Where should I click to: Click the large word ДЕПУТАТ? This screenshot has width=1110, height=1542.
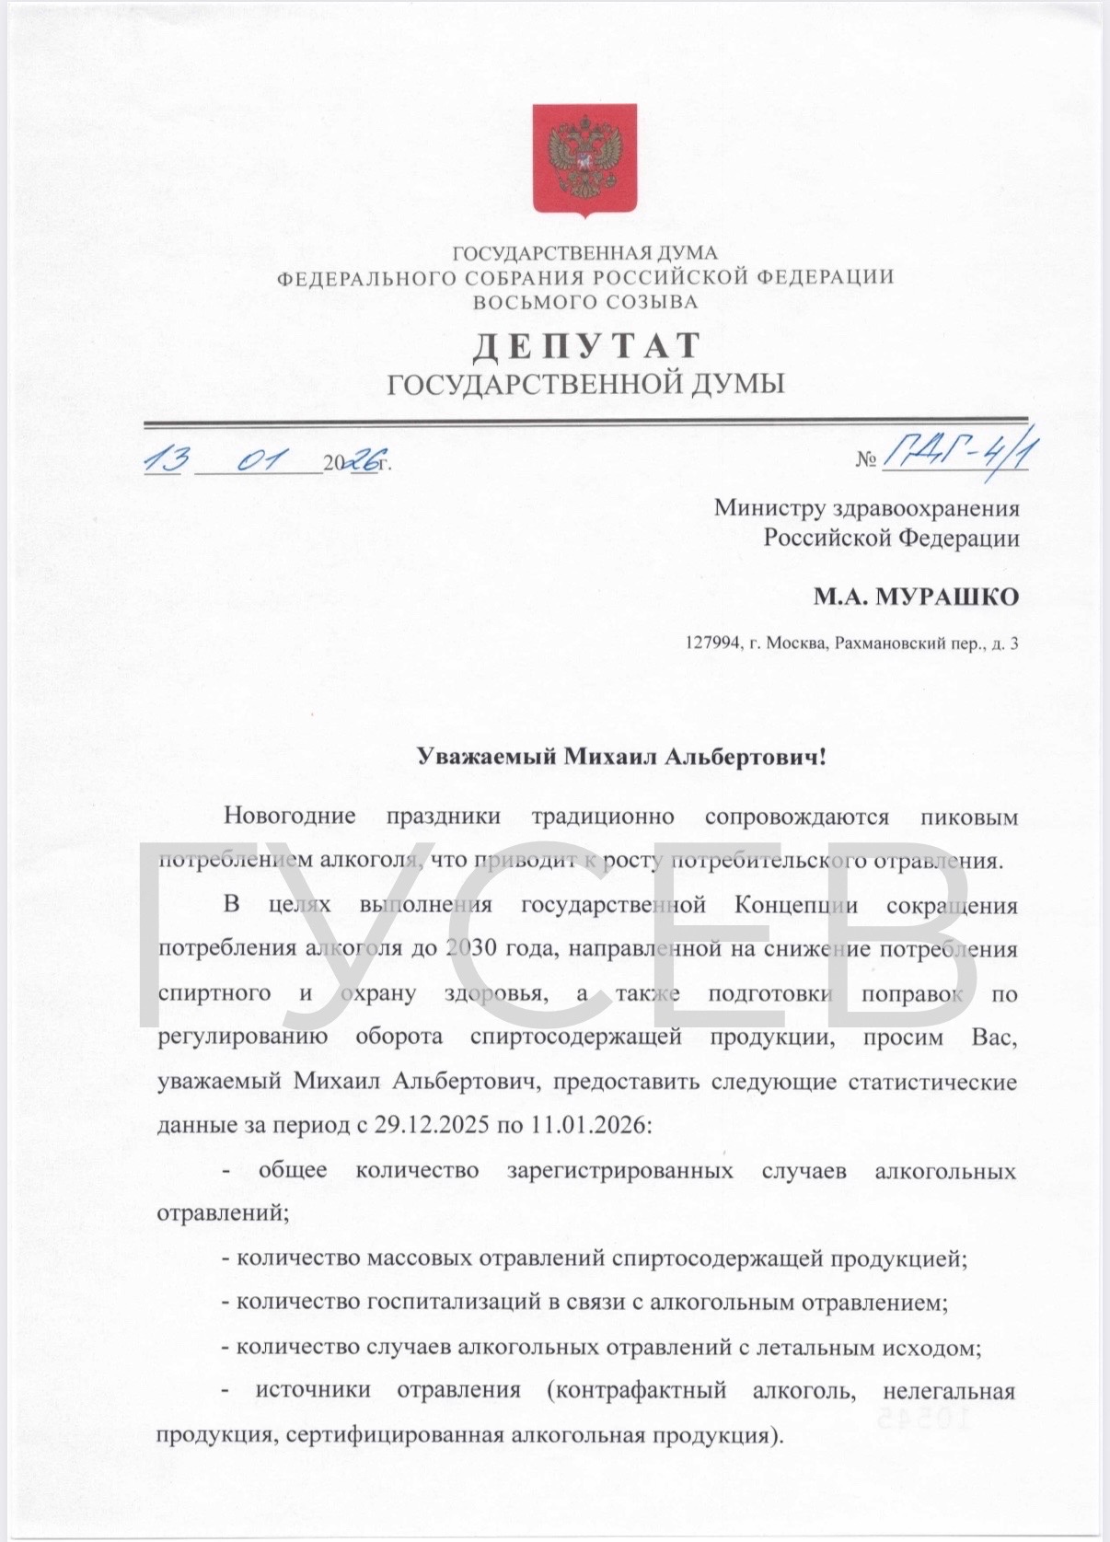586,346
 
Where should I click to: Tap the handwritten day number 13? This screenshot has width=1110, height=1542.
167,459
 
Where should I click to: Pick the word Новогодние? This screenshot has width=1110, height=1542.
290,816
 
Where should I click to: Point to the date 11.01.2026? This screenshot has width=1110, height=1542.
588,1125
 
